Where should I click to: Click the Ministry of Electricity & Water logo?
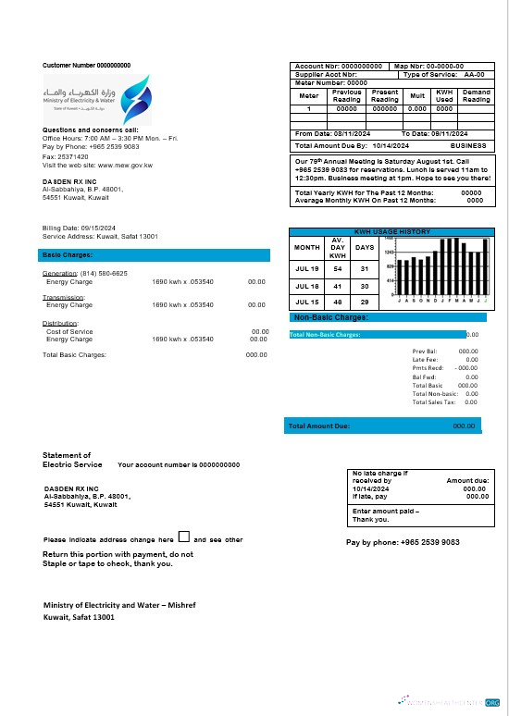pyautogui.click(x=88, y=96)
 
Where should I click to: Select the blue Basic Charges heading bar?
pyautogui.click(x=154, y=254)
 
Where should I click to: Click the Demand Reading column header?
pyautogui.click(x=476, y=96)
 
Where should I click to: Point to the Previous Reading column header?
pyautogui.click(x=347, y=96)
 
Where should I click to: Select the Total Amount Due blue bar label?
pyautogui.click(x=319, y=426)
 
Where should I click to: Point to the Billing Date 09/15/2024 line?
pyautogui.click(x=79, y=228)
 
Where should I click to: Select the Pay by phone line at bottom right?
pyautogui.click(x=403, y=543)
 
